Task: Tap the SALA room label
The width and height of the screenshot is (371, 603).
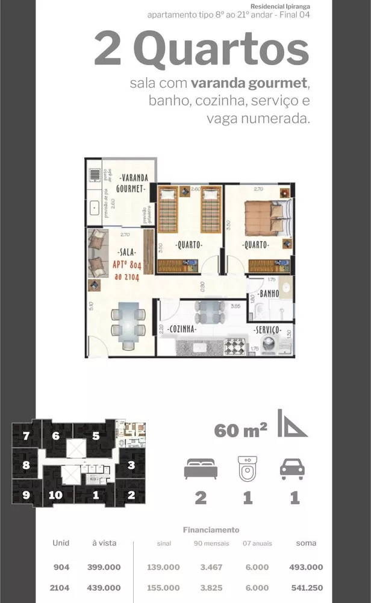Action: tap(127, 251)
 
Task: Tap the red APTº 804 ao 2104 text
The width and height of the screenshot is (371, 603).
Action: tap(128, 270)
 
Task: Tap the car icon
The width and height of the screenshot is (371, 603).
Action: tap(292, 470)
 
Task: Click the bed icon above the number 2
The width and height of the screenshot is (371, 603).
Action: tap(199, 469)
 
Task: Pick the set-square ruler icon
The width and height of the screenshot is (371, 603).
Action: tap(291, 423)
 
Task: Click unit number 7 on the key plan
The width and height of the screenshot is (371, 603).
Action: tap(26, 437)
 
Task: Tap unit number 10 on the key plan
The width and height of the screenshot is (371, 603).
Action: tap(55, 496)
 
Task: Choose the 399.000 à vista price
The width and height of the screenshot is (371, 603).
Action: tap(104, 567)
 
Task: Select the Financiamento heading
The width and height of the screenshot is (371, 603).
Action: tap(211, 530)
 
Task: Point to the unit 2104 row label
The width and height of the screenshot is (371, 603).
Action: tap(61, 587)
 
